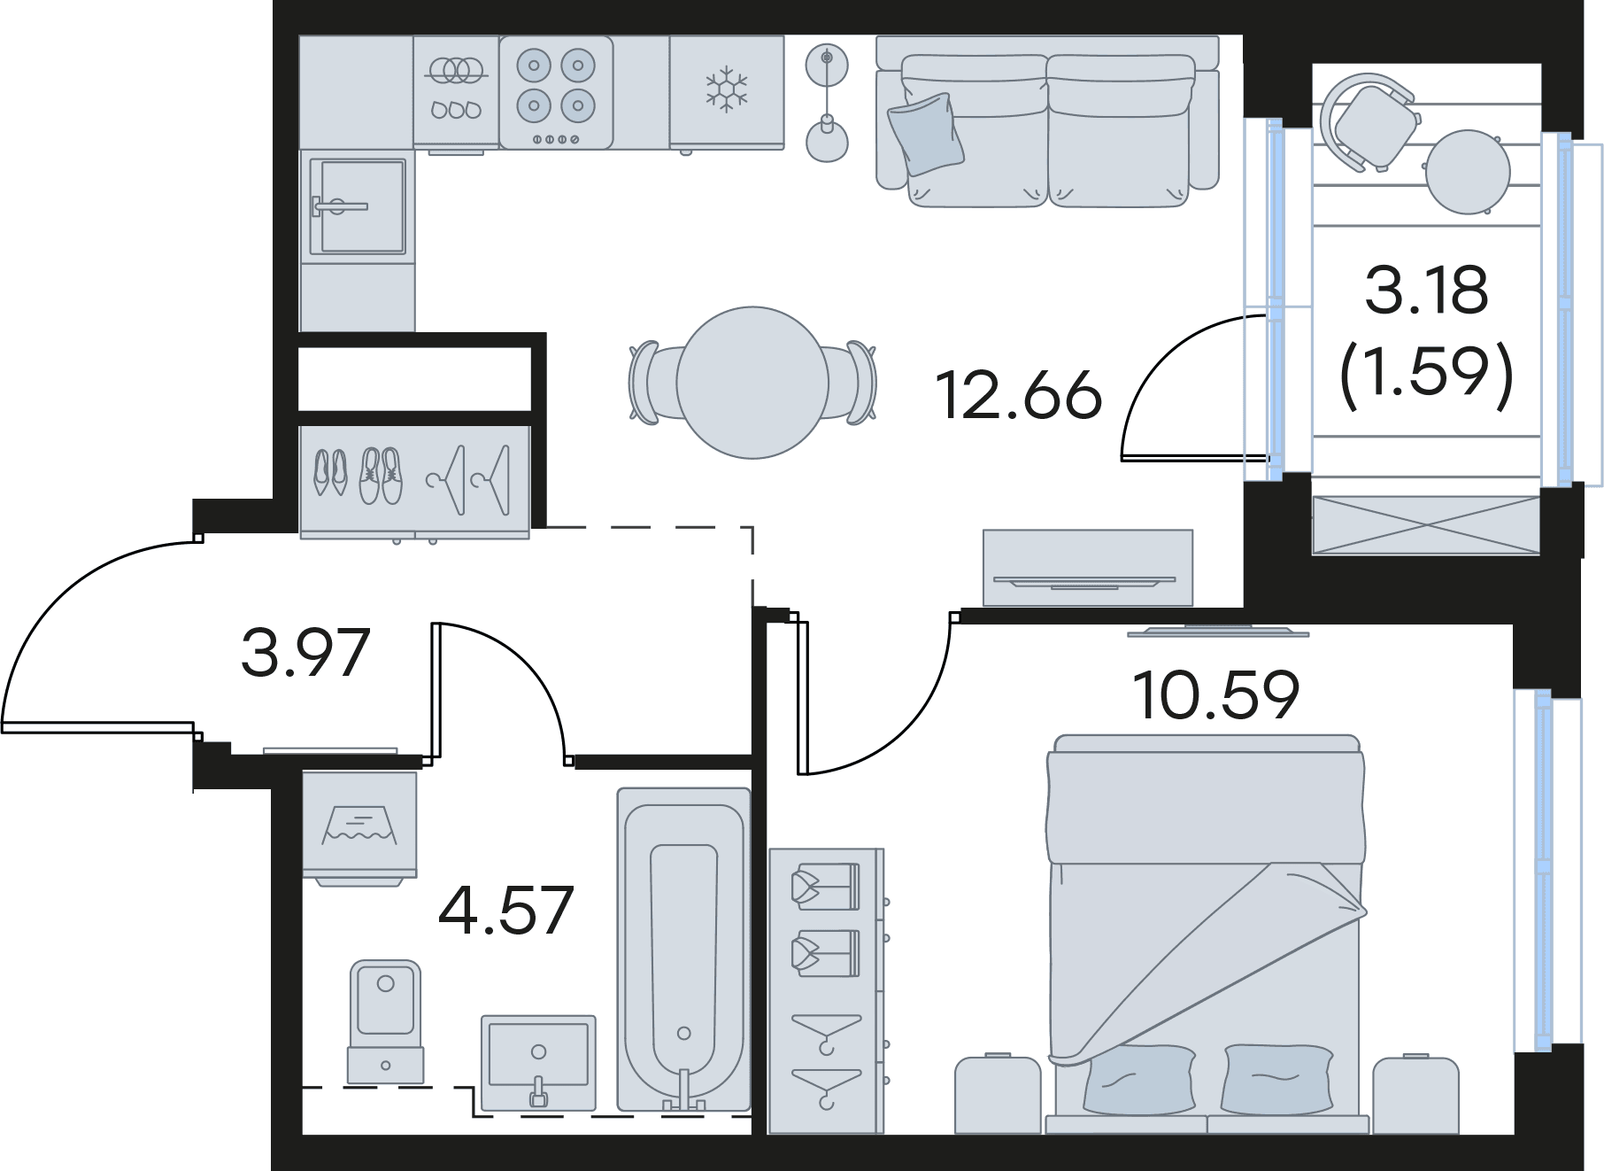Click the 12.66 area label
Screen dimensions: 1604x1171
pyautogui.click(x=1019, y=395)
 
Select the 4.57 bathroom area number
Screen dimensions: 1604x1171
pyautogui.click(x=506, y=910)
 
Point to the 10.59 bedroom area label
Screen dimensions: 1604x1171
pyautogui.click(x=1215, y=695)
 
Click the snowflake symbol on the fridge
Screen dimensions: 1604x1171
pyautogui.click(x=726, y=89)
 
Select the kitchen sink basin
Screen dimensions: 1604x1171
pyautogui.click(x=362, y=206)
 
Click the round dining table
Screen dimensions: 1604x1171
pyautogui.click(x=752, y=383)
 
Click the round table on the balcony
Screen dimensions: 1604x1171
pyautogui.click(x=1468, y=172)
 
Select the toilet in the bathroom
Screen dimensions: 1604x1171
pyautogui.click(x=385, y=1021)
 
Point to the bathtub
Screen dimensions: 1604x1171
pyautogui.click(x=683, y=949)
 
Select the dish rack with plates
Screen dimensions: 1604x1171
pyautogui.click(x=456, y=89)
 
